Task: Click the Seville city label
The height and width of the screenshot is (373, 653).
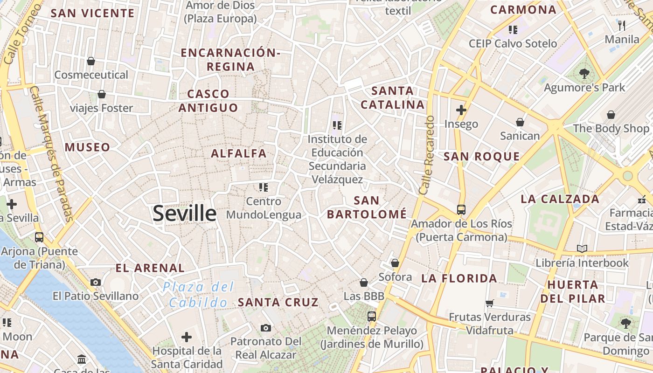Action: [185, 214]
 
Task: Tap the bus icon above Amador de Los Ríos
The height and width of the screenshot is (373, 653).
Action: [461, 210]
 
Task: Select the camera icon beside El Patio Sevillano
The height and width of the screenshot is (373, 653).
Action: [96, 282]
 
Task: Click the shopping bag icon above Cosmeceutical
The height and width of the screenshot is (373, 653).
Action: [91, 61]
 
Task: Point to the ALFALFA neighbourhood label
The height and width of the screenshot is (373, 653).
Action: [239, 153]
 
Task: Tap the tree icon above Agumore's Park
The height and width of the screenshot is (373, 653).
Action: [584, 73]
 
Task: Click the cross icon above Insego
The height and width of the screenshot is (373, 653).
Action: [461, 110]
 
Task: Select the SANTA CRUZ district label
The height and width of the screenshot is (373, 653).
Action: [278, 302]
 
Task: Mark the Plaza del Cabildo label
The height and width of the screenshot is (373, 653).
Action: [198, 295]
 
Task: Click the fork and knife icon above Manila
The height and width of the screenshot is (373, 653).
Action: [621, 25]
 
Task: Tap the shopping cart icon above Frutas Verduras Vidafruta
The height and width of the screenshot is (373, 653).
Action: [490, 304]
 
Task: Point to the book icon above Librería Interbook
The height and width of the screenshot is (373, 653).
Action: [582, 249]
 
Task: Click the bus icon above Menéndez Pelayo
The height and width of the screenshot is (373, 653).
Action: [372, 317]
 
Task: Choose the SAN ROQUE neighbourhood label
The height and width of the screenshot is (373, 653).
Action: [481, 157]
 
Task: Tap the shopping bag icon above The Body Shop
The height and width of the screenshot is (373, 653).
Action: [611, 115]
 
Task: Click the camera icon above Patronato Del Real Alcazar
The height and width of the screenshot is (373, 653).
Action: [266, 328]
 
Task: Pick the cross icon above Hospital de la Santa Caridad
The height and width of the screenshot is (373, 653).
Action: [187, 337]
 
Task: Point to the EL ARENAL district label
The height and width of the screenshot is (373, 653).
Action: [150, 268]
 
